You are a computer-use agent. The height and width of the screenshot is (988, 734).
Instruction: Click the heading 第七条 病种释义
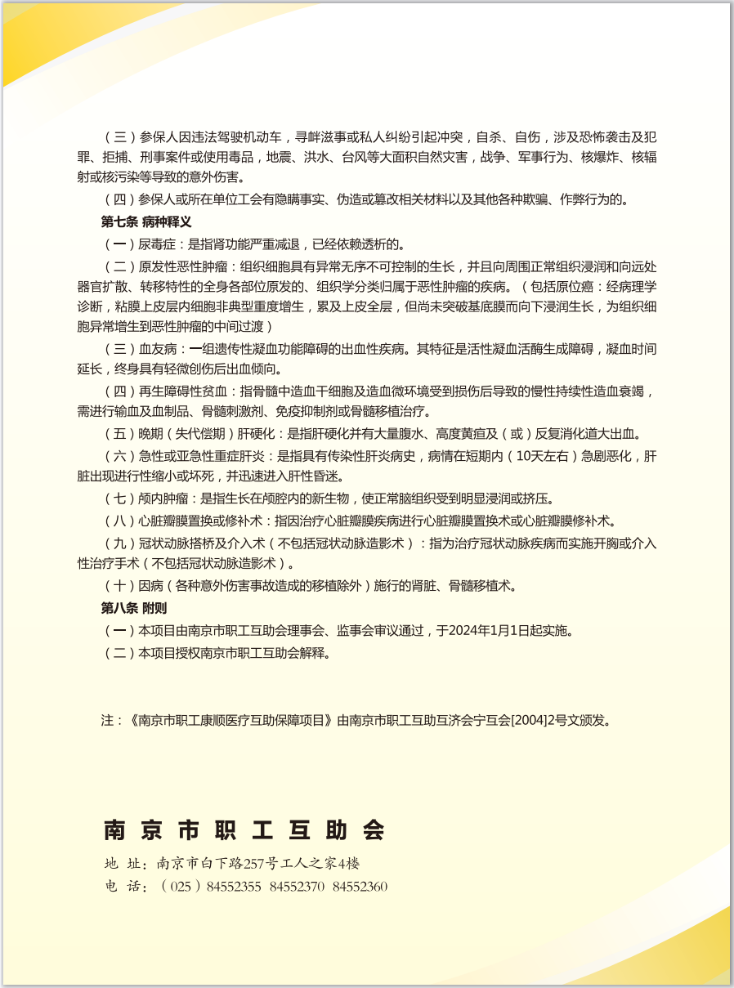146,221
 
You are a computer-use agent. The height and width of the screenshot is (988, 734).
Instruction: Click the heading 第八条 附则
134,608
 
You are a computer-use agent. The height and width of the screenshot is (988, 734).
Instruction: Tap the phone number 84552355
234,887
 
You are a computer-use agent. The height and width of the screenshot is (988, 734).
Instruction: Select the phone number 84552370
297,887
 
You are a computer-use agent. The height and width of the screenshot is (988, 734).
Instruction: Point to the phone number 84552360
360,887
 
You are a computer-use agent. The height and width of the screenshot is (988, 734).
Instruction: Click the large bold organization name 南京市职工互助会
244,830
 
